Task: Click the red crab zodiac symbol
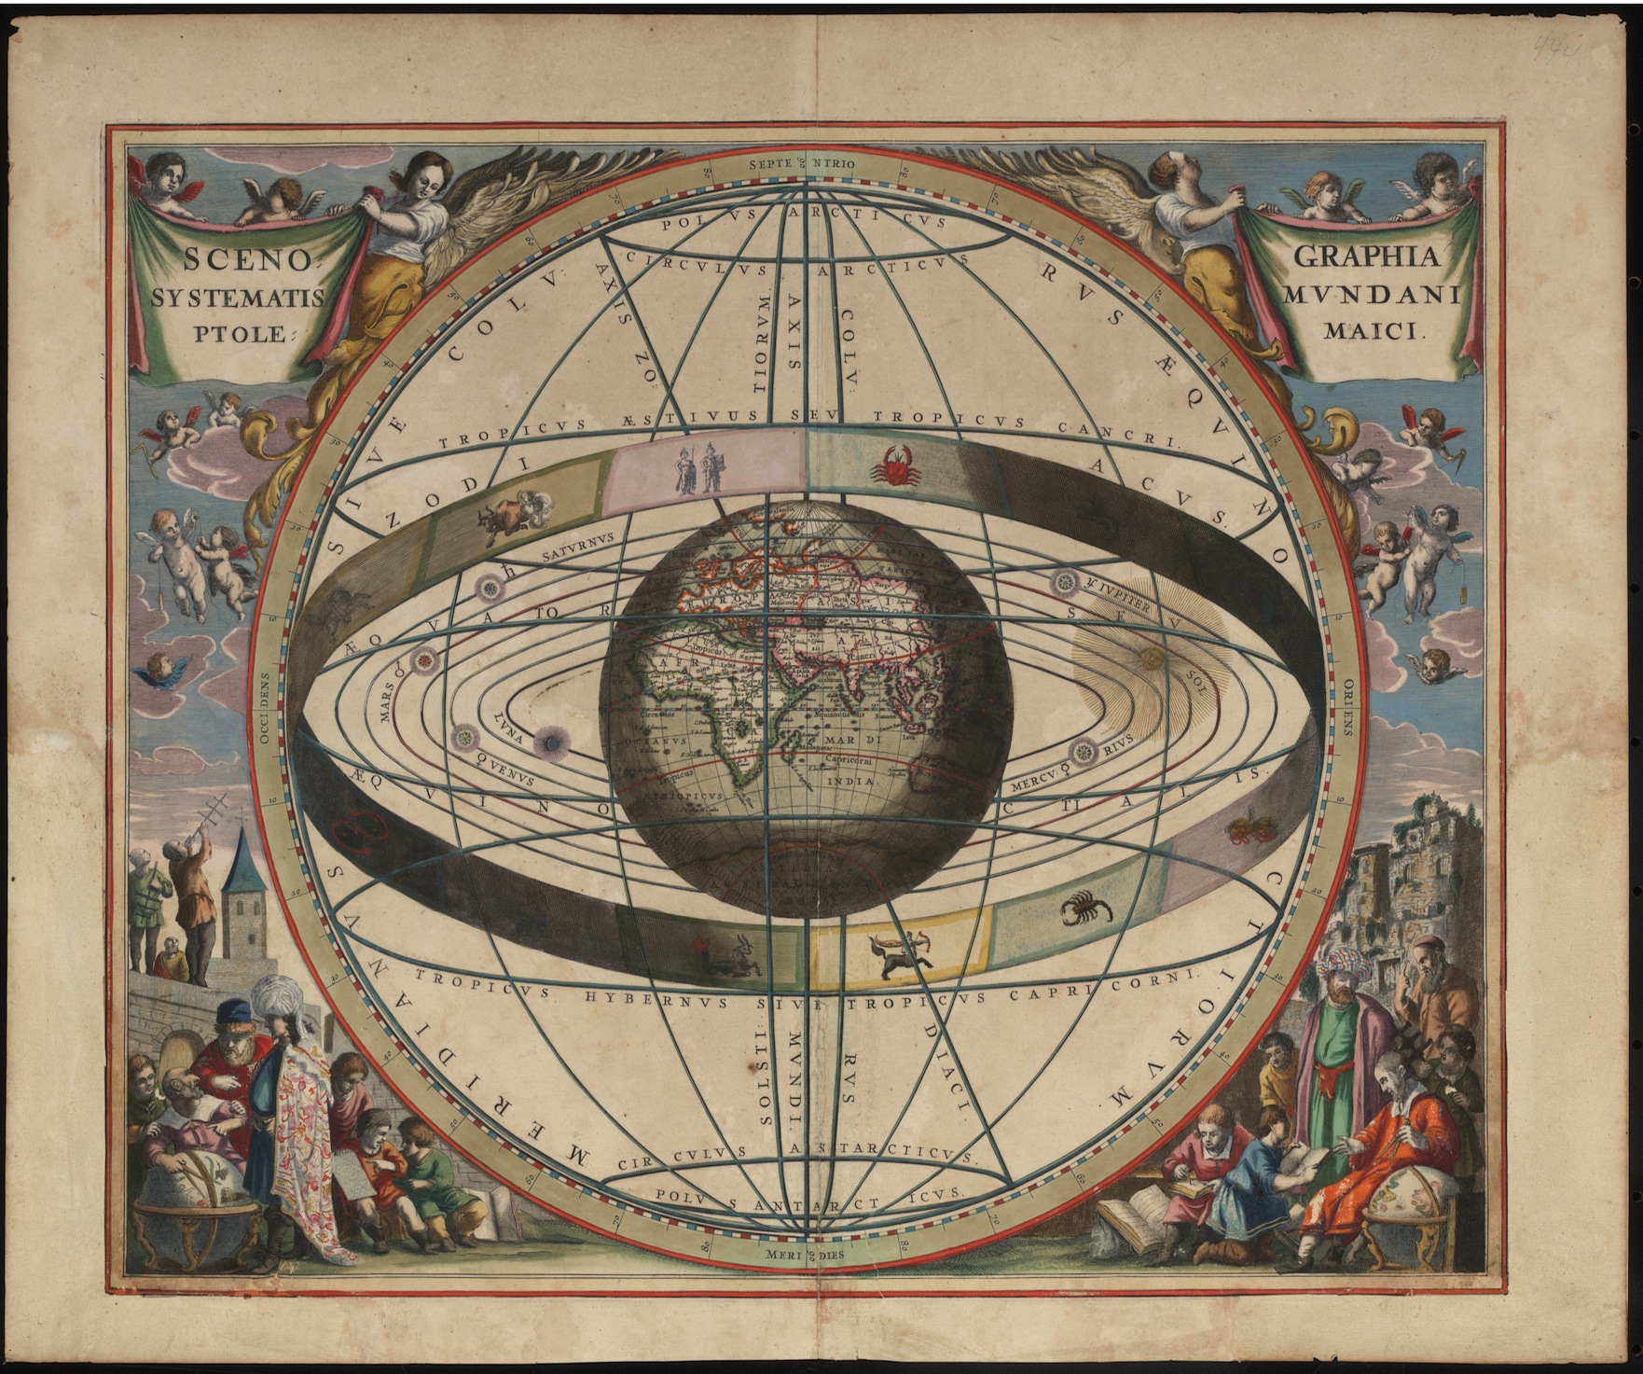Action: pos(895,464)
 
